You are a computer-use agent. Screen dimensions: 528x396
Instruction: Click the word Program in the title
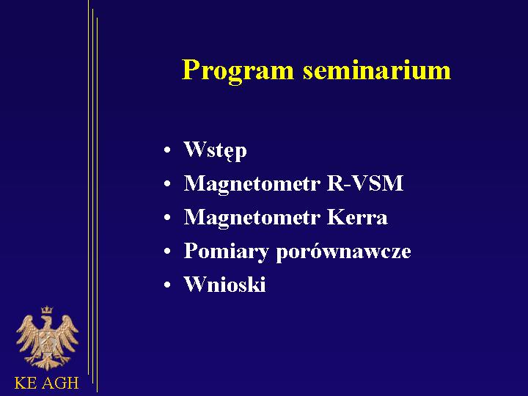[x=238, y=71]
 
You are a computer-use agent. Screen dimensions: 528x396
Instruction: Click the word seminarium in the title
[x=377, y=70]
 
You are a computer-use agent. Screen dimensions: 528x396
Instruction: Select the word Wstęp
[x=215, y=150]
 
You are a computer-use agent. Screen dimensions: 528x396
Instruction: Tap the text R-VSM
[x=365, y=183]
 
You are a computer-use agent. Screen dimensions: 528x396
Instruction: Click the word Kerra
[x=357, y=217]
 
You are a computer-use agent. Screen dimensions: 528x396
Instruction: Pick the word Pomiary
[x=226, y=252]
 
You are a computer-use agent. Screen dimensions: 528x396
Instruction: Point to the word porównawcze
[x=343, y=252]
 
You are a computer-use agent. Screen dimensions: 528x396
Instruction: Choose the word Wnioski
[x=224, y=284]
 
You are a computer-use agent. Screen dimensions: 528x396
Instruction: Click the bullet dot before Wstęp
[x=167, y=150]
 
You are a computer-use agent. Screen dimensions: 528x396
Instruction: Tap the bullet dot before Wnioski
[x=167, y=285]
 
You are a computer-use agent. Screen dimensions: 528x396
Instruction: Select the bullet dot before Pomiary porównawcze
[x=167, y=252]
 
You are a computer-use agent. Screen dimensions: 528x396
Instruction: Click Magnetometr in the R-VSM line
[x=251, y=184]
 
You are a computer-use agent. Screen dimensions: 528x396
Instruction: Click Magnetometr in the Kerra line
[x=251, y=218]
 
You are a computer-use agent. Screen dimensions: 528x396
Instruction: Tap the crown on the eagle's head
[x=47, y=309]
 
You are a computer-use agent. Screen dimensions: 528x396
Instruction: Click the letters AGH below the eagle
[x=61, y=384]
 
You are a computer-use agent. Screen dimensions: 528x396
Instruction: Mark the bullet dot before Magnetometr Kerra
[x=167, y=218]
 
